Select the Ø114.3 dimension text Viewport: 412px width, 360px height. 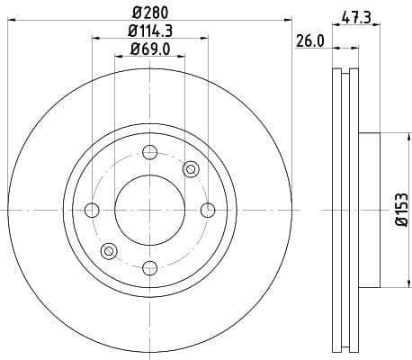(149, 32)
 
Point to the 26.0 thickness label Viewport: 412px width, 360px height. (309, 40)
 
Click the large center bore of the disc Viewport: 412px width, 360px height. (149, 210)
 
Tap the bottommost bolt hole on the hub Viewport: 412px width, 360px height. (149, 266)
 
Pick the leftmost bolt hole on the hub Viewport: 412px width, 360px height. (92, 210)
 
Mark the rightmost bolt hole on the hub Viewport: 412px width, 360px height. (207, 210)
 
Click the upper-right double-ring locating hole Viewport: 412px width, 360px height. (190, 169)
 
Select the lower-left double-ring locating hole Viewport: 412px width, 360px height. (109, 250)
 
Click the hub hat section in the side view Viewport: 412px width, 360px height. (370, 210)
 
